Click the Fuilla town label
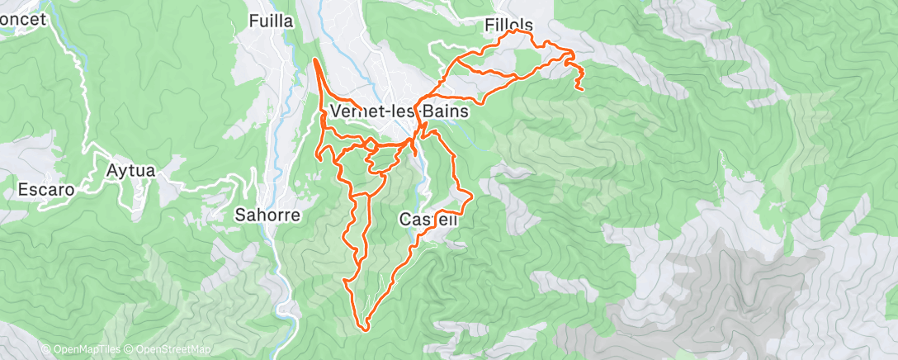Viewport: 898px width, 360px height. pyautogui.click(x=271, y=22)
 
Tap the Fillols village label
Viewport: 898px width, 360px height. pyautogui.click(x=510, y=26)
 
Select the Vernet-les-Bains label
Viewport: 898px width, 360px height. pyautogui.click(x=399, y=111)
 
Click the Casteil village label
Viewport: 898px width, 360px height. pyautogui.click(x=428, y=220)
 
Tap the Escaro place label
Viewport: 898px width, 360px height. pyautogui.click(x=46, y=190)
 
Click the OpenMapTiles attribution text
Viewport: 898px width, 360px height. pyautogui.click(x=82, y=350)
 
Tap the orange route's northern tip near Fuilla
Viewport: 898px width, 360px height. pyautogui.click(x=316, y=59)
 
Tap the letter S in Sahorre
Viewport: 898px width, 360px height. pyautogui.click(x=240, y=216)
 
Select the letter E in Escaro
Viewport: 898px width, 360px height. pyautogui.click(x=23, y=190)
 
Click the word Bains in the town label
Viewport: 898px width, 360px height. pyautogui.click(x=447, y=111)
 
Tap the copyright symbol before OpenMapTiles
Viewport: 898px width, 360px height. pyautogui.click(x=45, y=350)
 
